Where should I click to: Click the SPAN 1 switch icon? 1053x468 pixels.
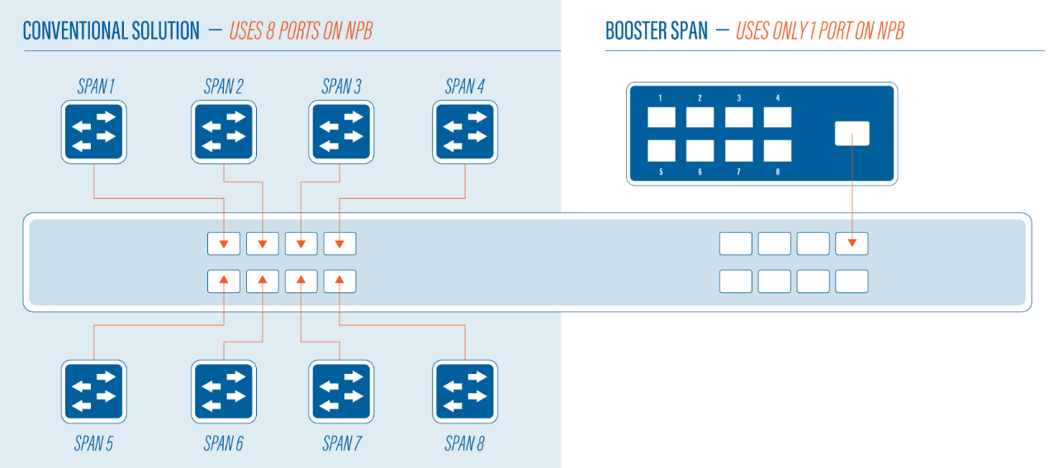point(94,132)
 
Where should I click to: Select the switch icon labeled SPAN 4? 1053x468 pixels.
point(465,132)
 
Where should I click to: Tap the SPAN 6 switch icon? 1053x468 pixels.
point(224,392)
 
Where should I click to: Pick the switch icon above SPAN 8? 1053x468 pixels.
point(465,392)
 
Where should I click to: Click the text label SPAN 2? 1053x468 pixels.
point(224,87)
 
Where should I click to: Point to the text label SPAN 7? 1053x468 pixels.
point(342,443)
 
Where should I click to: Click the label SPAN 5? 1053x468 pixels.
point(93,443)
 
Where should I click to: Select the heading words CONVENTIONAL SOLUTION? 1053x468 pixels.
point(111,31)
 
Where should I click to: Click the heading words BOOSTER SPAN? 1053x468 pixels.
point(657,31)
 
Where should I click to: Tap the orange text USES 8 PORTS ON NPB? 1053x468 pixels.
point(301,31)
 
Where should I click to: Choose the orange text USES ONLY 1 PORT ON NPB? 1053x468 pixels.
point(820,31)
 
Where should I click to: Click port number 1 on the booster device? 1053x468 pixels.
point(662,117)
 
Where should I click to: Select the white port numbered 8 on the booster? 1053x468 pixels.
point(777,150)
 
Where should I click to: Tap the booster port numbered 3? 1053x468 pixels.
point(739,117)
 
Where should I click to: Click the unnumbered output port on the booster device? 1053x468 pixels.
point(851,134)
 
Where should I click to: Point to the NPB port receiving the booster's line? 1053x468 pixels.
point(851,243)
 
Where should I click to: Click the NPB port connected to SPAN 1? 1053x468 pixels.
point(224,243)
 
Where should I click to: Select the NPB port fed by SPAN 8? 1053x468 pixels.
point(340,281)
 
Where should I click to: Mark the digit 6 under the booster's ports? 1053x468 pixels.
point(700,172)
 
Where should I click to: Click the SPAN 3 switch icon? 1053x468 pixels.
point(341,132)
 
